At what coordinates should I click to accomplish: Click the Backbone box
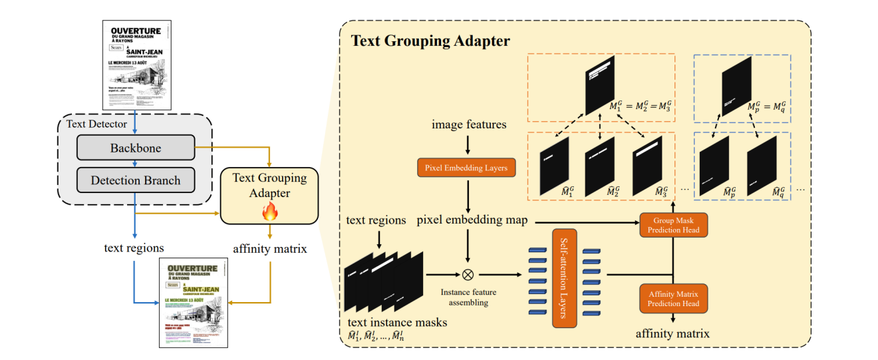135,148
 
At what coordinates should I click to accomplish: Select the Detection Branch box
135,180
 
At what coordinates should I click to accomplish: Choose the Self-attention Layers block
563,277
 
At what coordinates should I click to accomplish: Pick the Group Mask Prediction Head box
673,226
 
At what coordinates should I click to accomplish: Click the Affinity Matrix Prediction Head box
673,298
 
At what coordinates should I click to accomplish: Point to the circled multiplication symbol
468,273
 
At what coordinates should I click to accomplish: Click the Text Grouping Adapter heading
430,41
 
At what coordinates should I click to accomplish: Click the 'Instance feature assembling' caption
468,297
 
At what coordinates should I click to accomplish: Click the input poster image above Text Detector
136,65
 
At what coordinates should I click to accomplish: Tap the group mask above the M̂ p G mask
736,86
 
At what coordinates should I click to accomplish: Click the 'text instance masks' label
397,322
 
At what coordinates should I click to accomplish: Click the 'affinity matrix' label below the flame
269,248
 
